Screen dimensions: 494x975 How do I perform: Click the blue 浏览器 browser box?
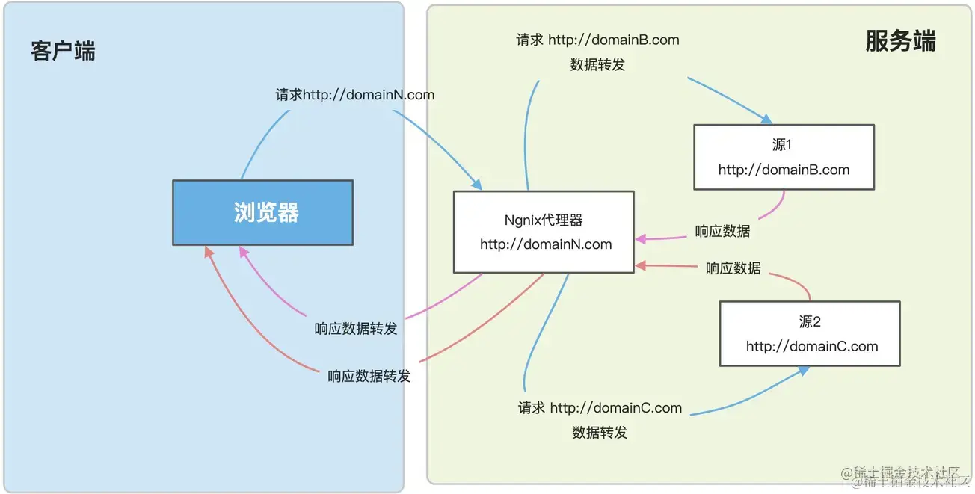262,213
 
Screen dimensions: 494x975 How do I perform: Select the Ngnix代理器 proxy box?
544,232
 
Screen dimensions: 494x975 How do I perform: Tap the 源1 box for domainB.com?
784,157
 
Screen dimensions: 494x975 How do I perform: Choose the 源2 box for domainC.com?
810,333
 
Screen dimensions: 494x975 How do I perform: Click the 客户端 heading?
63,51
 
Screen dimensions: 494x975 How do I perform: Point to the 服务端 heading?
900,41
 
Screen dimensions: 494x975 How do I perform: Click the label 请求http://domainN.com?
354,95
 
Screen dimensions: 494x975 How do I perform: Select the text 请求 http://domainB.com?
597,40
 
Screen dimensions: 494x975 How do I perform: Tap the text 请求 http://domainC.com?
600,408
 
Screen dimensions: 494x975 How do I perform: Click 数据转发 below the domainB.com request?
597,65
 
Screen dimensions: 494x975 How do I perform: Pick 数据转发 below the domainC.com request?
600,433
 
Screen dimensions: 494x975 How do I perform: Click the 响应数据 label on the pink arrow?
722,231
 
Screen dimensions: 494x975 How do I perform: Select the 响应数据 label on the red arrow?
733,268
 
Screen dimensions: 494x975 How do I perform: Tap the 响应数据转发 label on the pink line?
355,329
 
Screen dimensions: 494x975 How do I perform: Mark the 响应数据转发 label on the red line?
369,376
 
